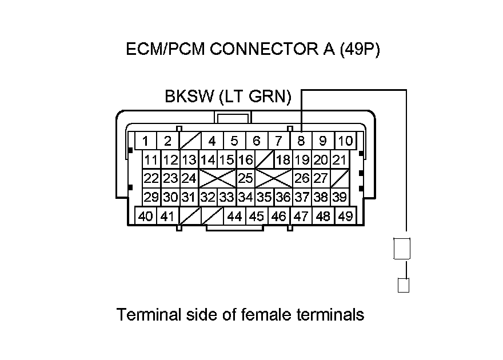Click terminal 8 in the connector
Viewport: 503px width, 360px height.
click(x=301, y=141)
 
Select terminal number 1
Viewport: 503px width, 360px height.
click(x=146, y=141)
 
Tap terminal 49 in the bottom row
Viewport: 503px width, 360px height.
click(x=344, y=216)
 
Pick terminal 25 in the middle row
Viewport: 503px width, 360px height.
click(x=245, y=178)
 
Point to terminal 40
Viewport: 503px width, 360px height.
click(x=146, y=216)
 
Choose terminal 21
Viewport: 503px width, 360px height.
click(x=339, y=159)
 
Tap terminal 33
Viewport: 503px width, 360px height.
click(x=226, y=197)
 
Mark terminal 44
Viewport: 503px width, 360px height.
click(x=234, y=216)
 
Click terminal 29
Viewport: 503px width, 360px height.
click(x=151, y=197)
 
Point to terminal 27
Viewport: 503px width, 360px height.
click(x=321, y=178)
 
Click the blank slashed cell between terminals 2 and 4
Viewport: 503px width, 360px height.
click(x=189, y=141)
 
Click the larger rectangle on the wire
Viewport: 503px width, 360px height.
click(x=403, y=249)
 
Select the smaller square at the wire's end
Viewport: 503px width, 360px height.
click(x=404, y=285)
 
